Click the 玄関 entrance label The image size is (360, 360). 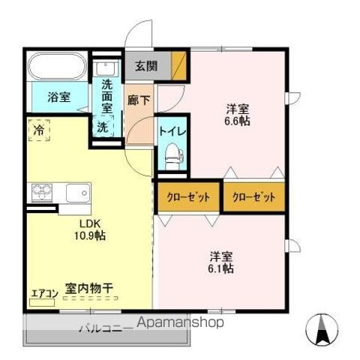[x=146, y=66]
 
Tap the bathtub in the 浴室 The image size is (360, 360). [x=58, y=66]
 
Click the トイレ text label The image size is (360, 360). [x=172, y=131]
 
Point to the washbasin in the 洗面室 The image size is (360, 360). [x=106, y=68]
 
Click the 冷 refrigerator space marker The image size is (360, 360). [x=39, y=130]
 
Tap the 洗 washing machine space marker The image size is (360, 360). [x=103, y=127]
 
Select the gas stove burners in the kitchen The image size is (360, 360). [x=42, y=192]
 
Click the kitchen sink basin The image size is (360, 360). [x=78, y=193]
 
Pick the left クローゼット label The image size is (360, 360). [x=188, y=197]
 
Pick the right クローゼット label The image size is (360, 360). [x=254, y=197]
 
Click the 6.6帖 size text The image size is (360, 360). [x=237, y=121]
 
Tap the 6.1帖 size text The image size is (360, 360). [x=221, y=268]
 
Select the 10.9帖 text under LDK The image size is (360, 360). [x=90, y=235]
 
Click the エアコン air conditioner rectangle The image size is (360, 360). [x=42, y=302]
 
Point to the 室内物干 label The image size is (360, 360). [x=89, y=288]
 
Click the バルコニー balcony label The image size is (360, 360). [x=104, y=328]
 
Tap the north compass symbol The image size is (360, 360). [x=322, y=329]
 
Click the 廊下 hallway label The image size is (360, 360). [x=139, y=100]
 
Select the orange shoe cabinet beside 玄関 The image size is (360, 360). [x=179, y=66]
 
